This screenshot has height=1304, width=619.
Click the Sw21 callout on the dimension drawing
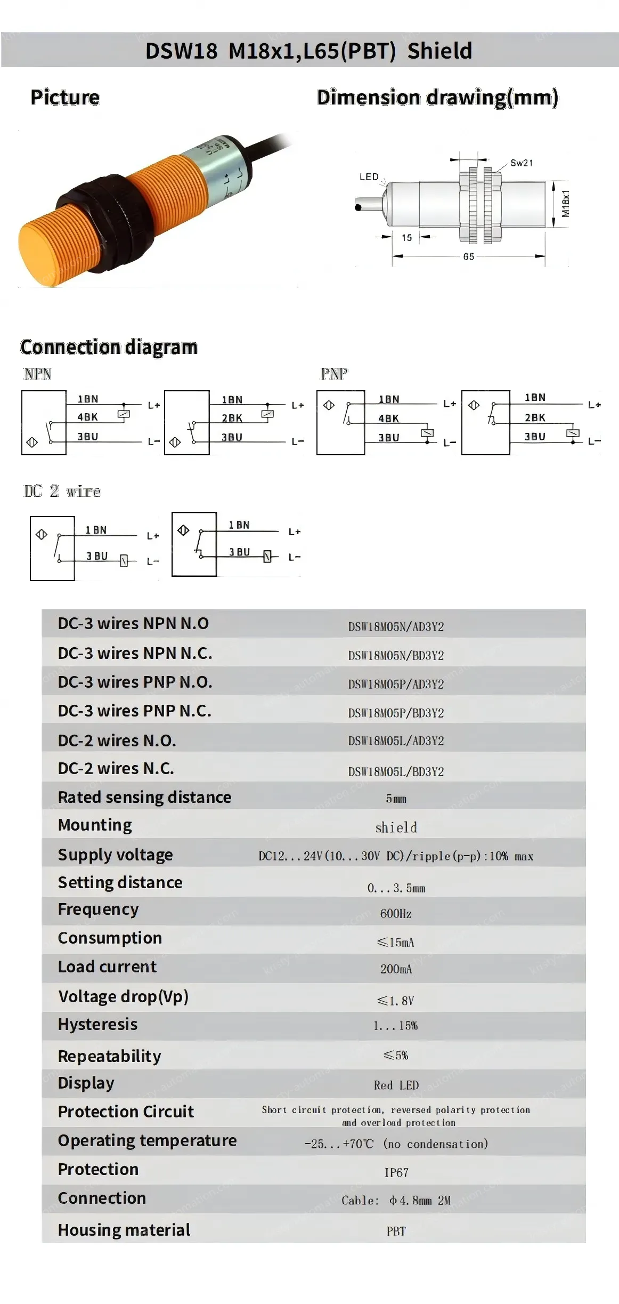[521, 163]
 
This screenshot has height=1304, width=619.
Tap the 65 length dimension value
[468, 256]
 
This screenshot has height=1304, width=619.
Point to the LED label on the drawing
[369, 177]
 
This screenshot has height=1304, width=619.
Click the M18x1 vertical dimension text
[565, 204]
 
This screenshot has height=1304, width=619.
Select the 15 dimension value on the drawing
[406, 238]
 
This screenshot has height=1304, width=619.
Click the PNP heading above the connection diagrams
[334, 374]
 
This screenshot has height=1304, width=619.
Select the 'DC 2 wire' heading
[62, 491]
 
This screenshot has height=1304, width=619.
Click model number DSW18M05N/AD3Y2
[396, 626]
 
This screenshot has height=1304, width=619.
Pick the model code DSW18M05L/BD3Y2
[396, 771]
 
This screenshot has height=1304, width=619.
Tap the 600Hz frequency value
[396, 914]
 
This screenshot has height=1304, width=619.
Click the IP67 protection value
[396, 1172]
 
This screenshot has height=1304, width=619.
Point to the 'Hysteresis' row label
[97, 1024]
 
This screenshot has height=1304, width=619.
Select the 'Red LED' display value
[396, 1085]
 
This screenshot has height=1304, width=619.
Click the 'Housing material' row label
[124, 1230]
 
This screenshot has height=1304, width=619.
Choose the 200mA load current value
[396, 969]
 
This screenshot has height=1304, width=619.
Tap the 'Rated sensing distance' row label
[144, 797]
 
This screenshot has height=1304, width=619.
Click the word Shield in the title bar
[439, 51]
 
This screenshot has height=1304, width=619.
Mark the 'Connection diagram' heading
[109, 347]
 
